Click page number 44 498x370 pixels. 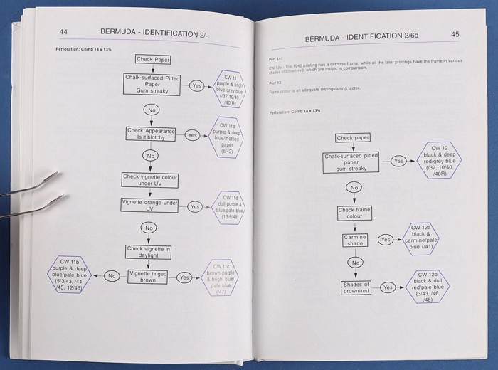[x=63, y=31]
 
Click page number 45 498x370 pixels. [x=455, y=34]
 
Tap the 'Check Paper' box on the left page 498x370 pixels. [x=152, y=59]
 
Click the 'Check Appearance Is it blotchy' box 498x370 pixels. [x=150, y=134]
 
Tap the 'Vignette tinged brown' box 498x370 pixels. [x=151, y=276]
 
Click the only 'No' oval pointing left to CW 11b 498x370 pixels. [x=112, y=275]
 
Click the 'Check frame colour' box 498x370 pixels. [x=355, y=214]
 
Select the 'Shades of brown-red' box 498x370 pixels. [x=354, y=287]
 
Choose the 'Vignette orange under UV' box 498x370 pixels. [x=150, y=206]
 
